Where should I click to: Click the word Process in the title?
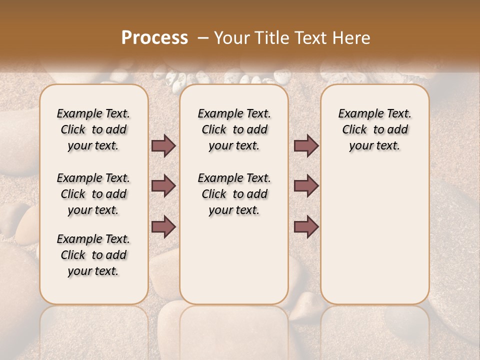click(x=154, y=38)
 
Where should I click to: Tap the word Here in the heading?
click(x=351, y=38)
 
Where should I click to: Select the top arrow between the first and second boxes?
click(x=163, y=146)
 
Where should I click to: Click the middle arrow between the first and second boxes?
click(x=163, y=186)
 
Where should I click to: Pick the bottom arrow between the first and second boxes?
click(x=163, y=226)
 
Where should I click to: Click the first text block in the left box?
click(x=93, y=129)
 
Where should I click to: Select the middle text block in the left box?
click(x=93, y=194)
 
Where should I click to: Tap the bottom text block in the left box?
click(x=93, y=255)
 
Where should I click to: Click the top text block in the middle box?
click(x=234, y=129)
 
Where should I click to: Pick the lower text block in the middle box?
click(x=234, y=194)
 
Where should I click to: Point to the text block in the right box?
click(x=374, y=129)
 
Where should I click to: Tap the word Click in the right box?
click(x=354, y=130)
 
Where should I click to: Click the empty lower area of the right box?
click(x=374, y=235)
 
